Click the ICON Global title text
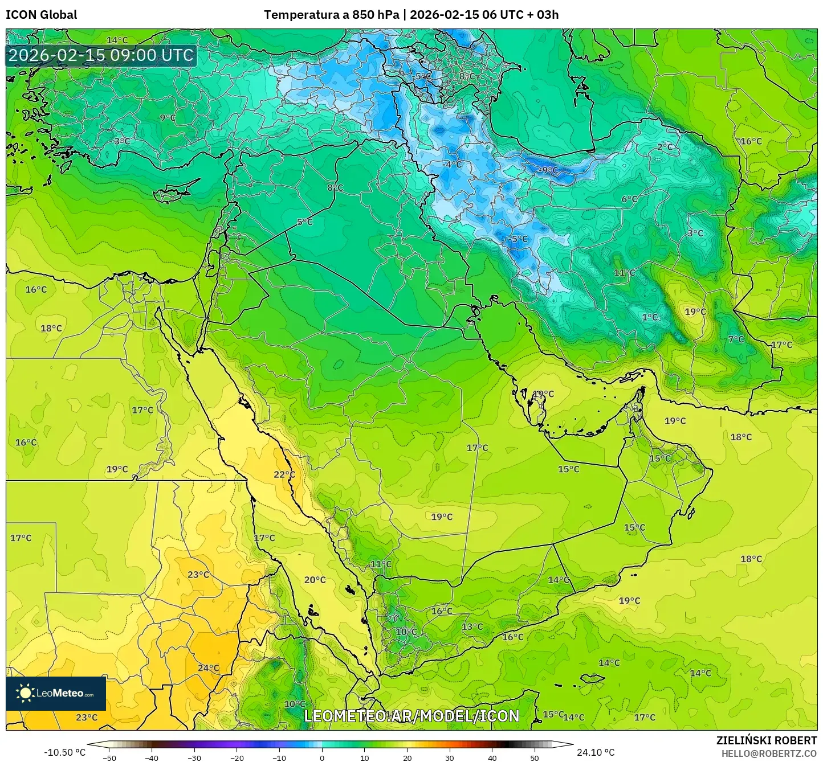41,15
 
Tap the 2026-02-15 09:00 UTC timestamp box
101,56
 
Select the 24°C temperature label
209,668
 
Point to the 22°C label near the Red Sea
284,474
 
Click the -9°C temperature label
549,170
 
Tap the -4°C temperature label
452,164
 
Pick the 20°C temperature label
315,580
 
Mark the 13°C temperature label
472,626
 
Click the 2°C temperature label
665,146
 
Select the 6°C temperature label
629,199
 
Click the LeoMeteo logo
56,693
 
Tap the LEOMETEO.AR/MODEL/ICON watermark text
412,716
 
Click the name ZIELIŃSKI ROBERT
767,740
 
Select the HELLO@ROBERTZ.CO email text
769,753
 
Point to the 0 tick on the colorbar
322,757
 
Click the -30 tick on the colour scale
194,757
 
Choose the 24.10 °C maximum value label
596,752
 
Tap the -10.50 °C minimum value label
64,752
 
